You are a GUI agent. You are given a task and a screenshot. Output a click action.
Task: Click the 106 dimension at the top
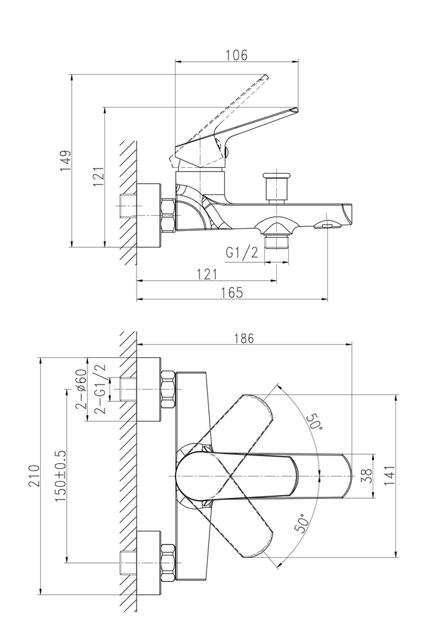[x=236, y=55]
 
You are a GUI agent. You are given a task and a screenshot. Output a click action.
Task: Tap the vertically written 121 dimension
[x=98, y=178]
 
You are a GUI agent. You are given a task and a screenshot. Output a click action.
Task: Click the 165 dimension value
[x=232, y=292]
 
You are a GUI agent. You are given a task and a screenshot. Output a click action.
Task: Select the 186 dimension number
[x=244, y=338]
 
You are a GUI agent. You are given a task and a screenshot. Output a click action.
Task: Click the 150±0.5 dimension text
[x=61, y=476]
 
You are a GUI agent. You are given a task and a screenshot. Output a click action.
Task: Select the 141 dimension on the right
[x=390, y=476]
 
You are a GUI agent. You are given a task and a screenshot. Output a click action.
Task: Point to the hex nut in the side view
[x=169, y=214]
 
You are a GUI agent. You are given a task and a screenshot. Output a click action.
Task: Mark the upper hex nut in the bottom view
[x=168, y=389]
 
